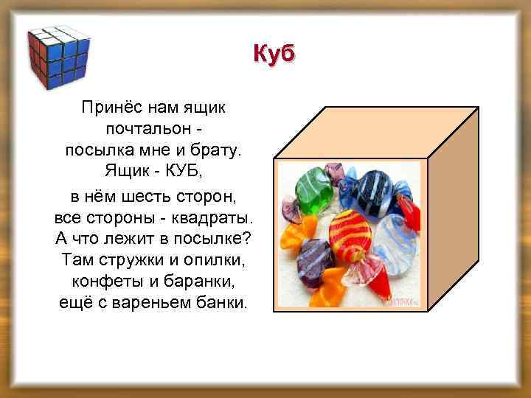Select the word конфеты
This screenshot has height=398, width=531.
[x=103, y=282]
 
